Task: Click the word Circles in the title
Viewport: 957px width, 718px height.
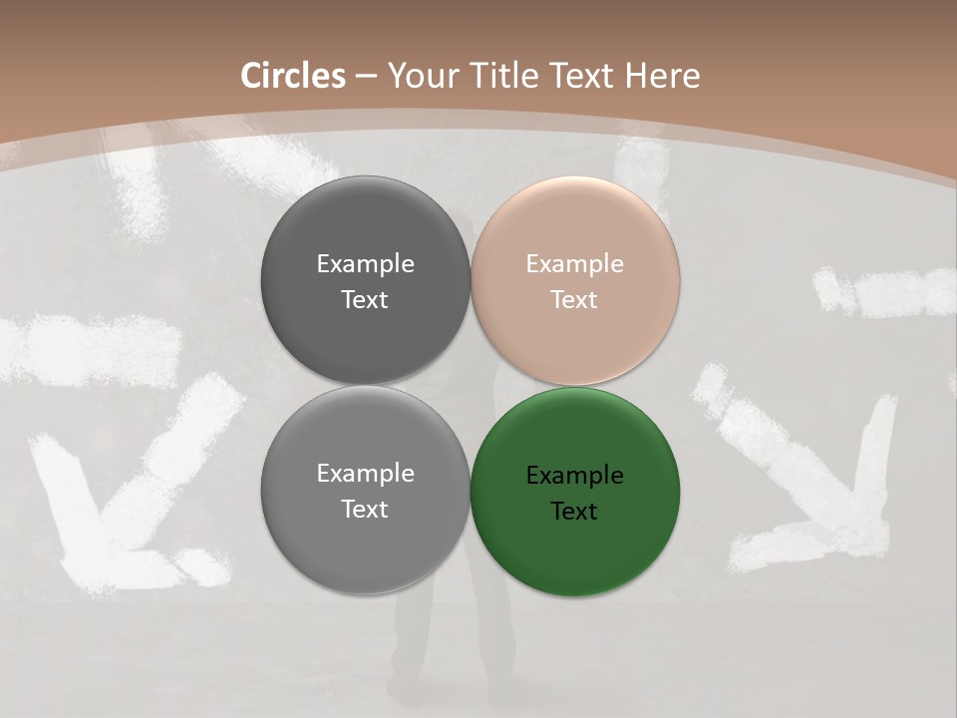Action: tap(293, 76)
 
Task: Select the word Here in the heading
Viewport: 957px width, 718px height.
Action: tap(662, 76)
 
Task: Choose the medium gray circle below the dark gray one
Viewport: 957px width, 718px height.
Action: tap(365, 543)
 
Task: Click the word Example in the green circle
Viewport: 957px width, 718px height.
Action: tap(574, 476)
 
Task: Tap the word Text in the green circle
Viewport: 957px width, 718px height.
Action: tap(574, 512)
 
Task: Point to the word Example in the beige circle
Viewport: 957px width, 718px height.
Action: tap(574, 264)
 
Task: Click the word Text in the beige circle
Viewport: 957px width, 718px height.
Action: tap(574, 300)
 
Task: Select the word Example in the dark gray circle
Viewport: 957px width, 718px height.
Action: tap(365, 264)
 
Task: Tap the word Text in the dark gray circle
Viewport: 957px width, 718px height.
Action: tap(365, 300)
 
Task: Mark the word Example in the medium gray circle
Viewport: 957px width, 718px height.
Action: tap(365, 474)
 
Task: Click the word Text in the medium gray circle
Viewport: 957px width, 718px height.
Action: tap(365, 510)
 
